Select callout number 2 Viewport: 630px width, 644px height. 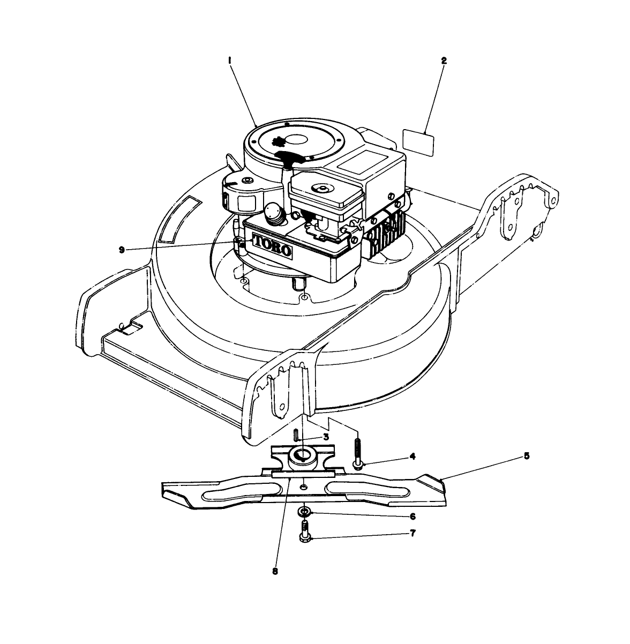click(444, 61)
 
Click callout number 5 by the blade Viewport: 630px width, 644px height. click(527, 456)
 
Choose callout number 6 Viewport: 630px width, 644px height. click(412, 516)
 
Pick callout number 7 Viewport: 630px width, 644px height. click(412, 534)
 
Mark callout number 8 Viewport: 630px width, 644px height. click(275, 571)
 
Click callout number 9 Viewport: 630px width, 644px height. click(122, 250)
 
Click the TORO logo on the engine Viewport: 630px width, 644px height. click(272, 245)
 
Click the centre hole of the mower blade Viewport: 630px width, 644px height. click(304, 486)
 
